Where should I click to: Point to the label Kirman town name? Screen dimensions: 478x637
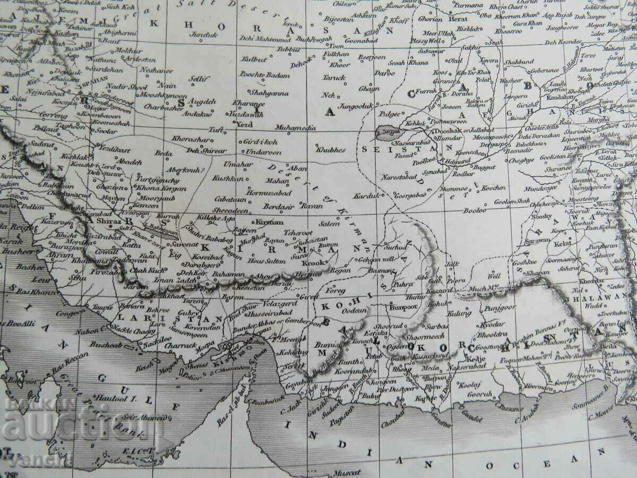(270, 222)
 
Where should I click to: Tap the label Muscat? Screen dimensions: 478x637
(347, 472)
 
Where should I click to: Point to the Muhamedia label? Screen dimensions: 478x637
(296, 128)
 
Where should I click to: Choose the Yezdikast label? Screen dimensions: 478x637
(114, 150)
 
